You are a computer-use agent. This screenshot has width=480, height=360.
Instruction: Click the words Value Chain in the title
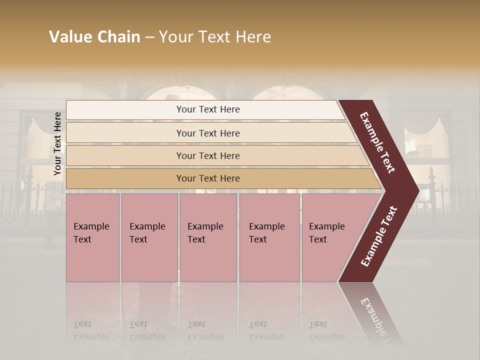94,37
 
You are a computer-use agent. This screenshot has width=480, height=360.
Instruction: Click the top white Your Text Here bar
207,109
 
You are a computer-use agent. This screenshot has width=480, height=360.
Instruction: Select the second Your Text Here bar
207,133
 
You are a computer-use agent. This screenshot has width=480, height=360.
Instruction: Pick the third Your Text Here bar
207,155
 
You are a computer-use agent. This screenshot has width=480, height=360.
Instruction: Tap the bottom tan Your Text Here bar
207,178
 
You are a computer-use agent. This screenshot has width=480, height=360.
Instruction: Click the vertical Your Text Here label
57,143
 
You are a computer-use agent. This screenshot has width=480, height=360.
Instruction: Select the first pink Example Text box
92,237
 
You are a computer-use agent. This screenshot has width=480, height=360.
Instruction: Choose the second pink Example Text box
149,237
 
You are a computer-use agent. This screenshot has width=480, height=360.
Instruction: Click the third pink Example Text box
208,237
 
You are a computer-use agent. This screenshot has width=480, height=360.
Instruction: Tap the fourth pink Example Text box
269,237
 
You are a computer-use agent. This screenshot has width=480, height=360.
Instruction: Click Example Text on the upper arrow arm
377,142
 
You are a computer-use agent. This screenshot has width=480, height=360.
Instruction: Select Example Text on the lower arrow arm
379,236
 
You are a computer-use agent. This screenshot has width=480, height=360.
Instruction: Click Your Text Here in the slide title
215,37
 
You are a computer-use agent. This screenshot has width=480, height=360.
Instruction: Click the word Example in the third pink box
205,226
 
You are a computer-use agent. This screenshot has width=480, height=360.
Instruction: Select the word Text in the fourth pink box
258,239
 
